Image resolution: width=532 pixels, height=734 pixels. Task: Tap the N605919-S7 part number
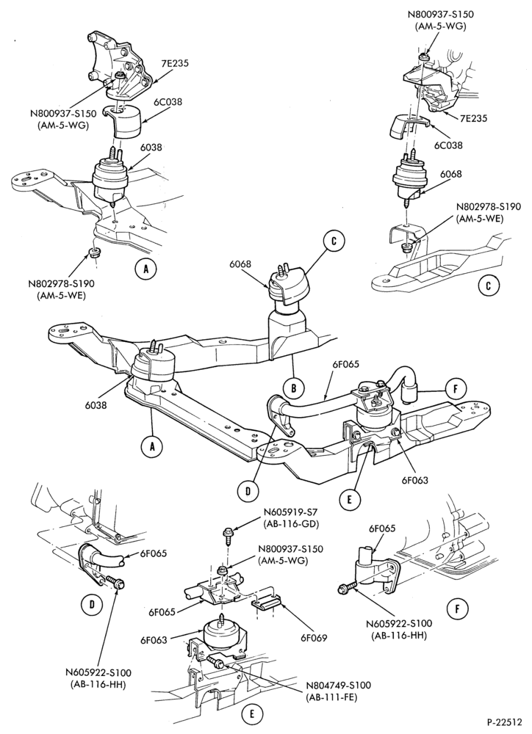pos(291,511)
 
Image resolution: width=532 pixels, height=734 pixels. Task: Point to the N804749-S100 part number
pos(338,685)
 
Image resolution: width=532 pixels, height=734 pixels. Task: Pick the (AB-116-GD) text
pos(291,523)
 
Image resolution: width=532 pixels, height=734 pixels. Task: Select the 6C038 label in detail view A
pos(169,101)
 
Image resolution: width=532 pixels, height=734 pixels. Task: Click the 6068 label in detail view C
pos(451,174)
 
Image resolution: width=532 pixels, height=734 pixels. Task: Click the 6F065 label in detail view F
pos(383,528)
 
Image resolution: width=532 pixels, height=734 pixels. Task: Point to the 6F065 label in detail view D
pos(154,553)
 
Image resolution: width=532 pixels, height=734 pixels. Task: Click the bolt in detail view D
pos(115,581)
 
